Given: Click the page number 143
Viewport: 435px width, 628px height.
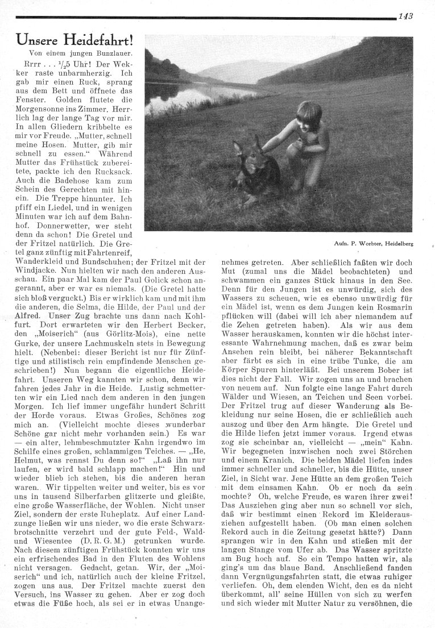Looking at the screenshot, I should [405, 16].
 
